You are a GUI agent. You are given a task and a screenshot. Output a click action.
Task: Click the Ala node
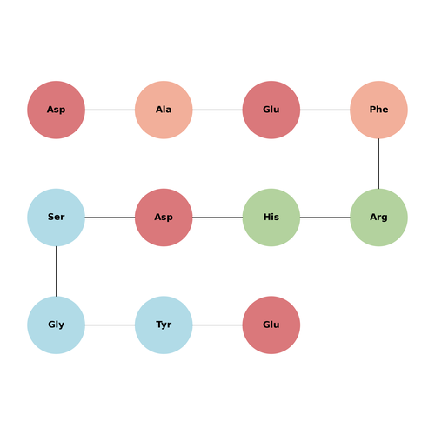164,110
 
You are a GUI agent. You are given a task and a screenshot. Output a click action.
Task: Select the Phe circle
378,110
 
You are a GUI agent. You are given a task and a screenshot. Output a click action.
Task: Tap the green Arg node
378,217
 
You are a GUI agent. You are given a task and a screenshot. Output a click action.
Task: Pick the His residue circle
271,217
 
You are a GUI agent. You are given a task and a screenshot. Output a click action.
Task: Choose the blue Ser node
56,217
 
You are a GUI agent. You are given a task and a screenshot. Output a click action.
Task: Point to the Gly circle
56,325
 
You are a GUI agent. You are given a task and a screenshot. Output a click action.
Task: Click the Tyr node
164,325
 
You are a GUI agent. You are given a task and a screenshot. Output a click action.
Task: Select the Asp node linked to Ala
56,110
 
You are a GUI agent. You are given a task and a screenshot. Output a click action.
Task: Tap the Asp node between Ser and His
164,217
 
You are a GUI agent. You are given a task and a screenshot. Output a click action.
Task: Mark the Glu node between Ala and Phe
271,110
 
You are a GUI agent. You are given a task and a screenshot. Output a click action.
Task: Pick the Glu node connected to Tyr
271,325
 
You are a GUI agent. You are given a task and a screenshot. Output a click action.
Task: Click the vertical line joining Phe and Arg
378,164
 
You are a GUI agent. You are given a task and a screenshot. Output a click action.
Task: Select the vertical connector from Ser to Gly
56,271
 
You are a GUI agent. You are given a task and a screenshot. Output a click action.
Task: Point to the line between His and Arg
325,217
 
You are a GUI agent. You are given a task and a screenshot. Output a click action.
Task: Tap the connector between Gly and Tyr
110,325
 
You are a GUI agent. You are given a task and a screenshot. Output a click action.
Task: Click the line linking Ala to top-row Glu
217,110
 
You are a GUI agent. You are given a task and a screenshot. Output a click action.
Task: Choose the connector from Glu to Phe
325,110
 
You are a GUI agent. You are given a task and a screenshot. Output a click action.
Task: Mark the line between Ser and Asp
110,217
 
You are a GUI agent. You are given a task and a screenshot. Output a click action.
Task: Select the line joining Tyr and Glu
217,325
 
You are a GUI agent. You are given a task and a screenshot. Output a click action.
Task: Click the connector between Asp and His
217,217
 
